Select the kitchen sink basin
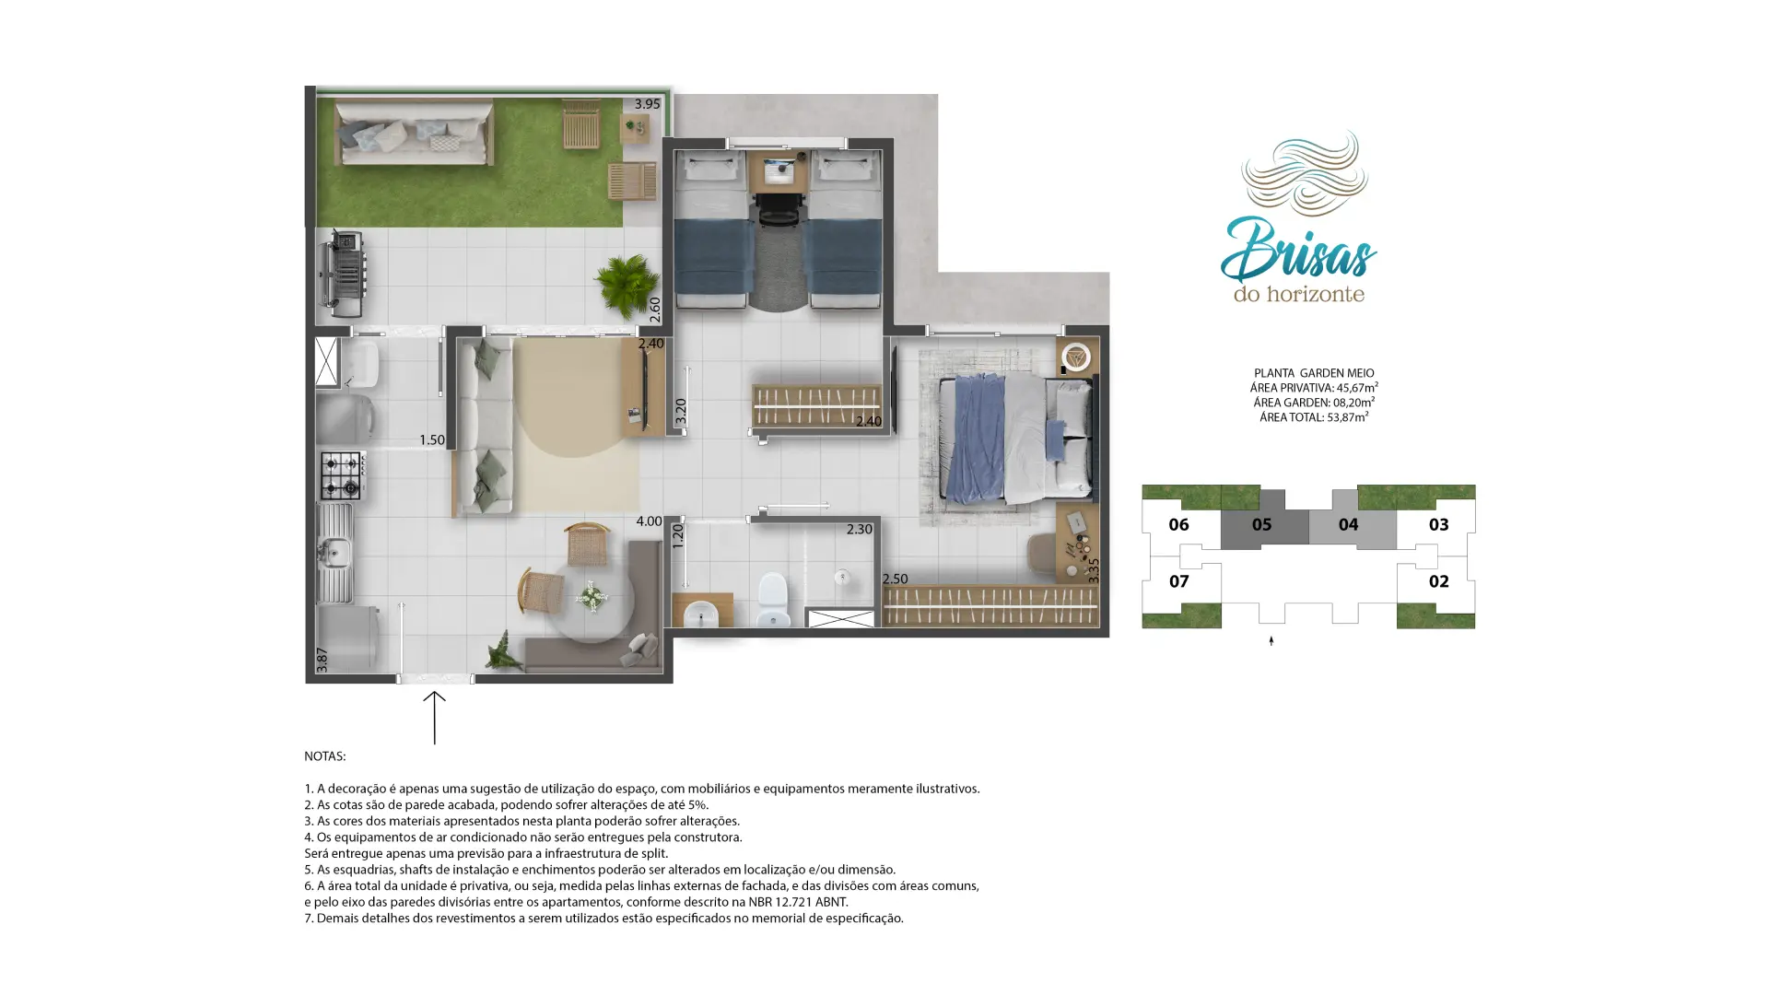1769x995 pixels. [334, 553]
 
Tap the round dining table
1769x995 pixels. [591, 599]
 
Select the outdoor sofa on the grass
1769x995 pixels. [414, 133]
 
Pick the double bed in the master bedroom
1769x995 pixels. [1015, 438]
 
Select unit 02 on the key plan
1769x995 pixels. [1438, 581]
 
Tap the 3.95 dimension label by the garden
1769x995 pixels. [647, 104]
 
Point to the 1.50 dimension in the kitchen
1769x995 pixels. [431, 440]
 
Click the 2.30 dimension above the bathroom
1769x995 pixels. [859, 530]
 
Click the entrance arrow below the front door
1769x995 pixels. [434, 718]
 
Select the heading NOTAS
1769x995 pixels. [325, 756]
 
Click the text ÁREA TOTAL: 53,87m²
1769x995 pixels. [1314, 417]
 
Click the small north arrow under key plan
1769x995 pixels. [1271, 640]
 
